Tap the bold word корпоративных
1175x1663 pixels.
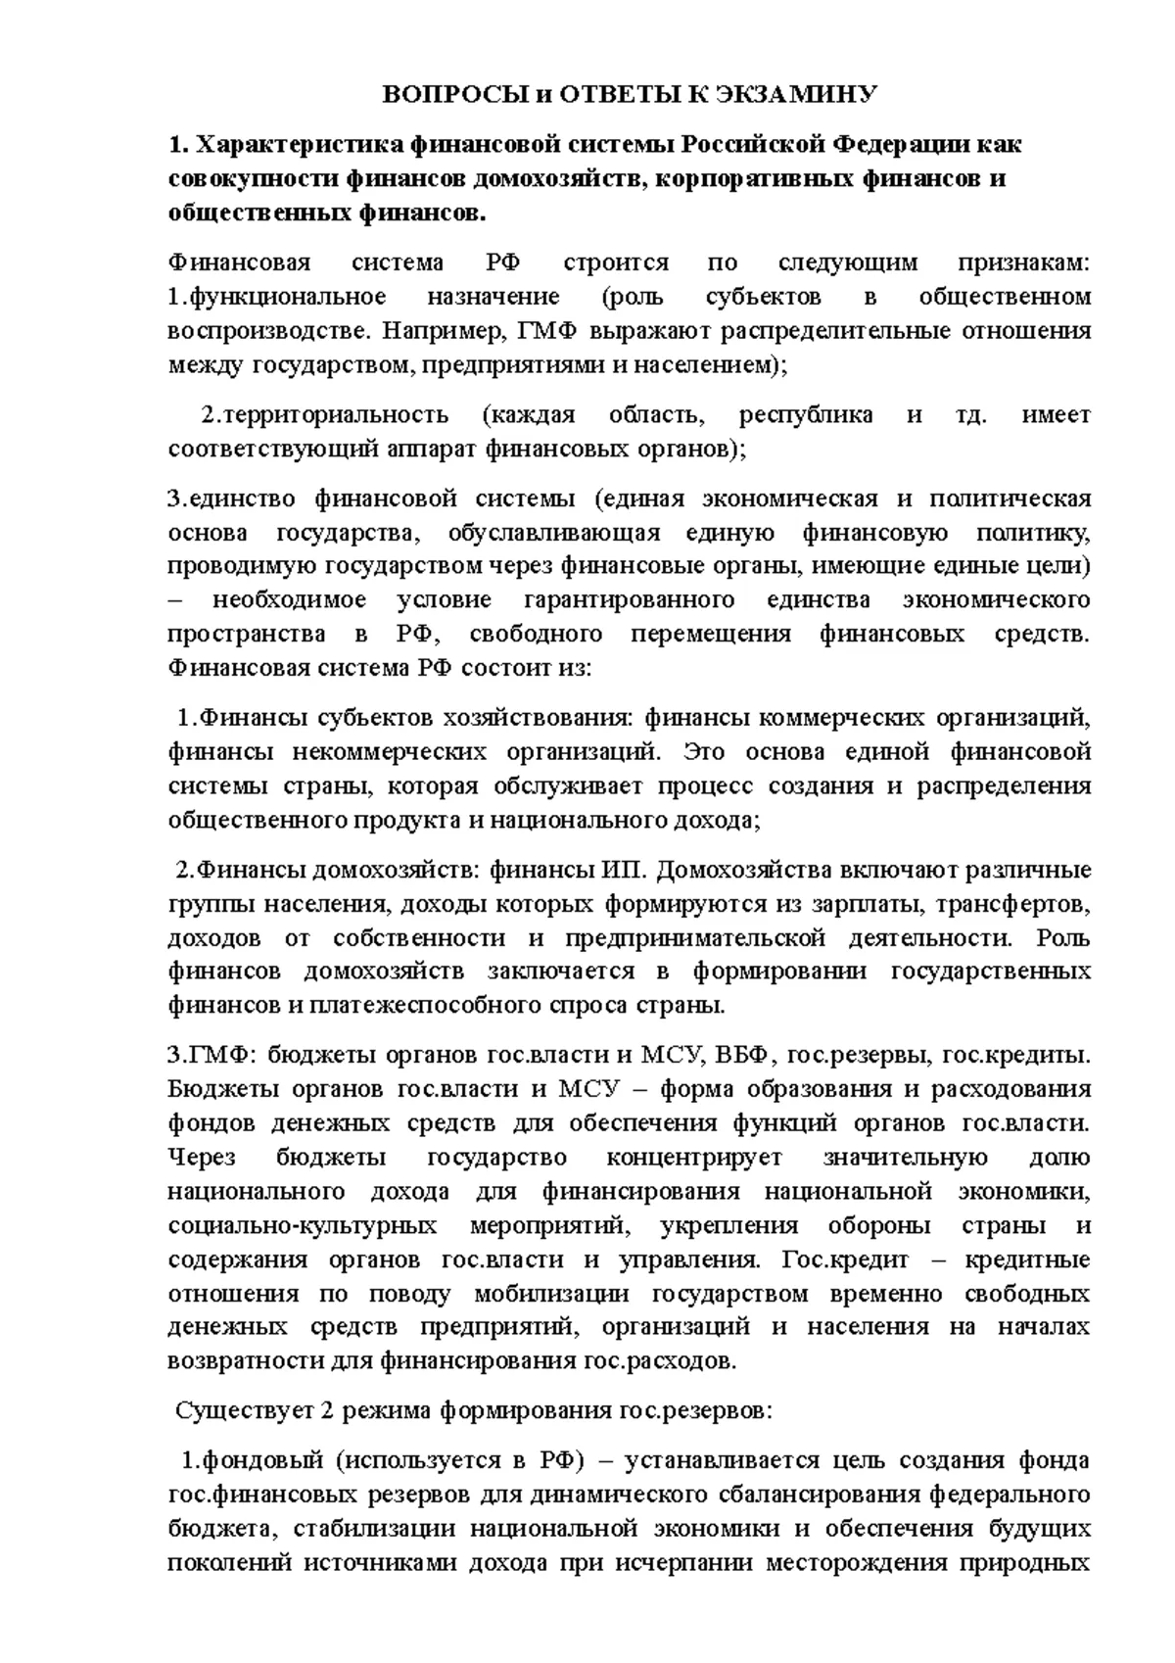point(745,179)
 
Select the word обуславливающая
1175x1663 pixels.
point(554,533)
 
